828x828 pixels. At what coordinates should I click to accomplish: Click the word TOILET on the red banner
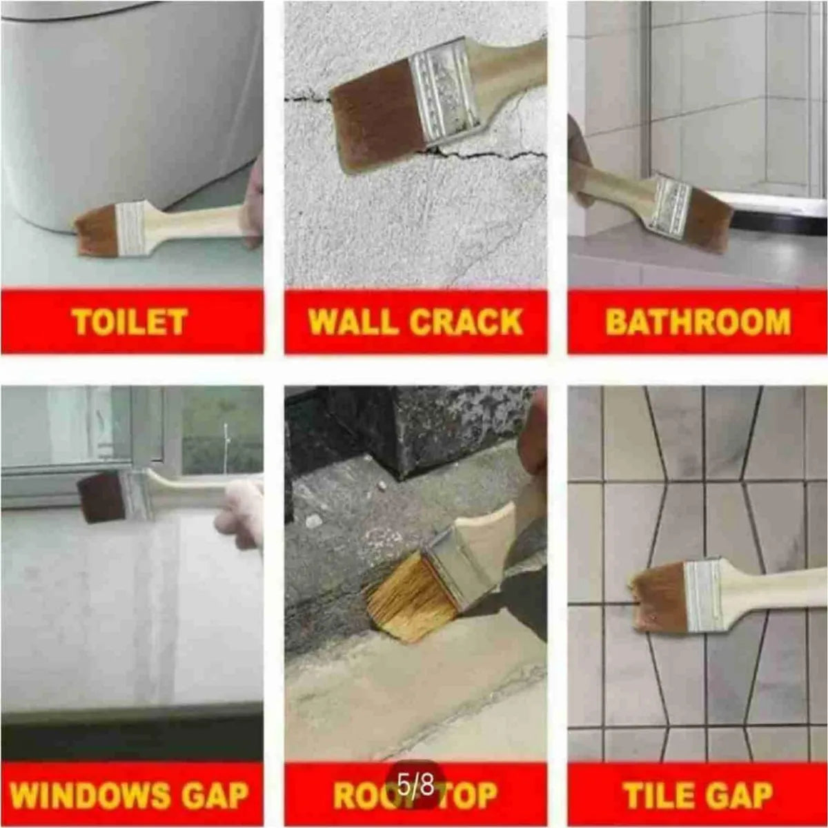tap(130, 322)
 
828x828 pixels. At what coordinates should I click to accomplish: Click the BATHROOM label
tap(698, 322)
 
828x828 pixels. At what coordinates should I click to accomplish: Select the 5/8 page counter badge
tap(416, 785)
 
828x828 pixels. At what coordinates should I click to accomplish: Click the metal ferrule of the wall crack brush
tap(443, 90)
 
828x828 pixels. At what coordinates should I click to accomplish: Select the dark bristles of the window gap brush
tap(101, 497)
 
